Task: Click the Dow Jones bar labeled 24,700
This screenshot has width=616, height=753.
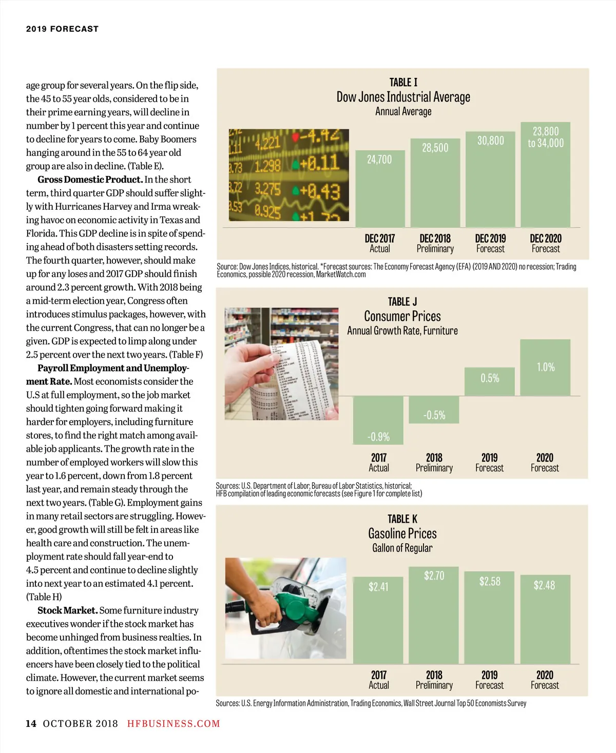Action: pos(380,190)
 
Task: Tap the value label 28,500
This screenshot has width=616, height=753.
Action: pos(435,148)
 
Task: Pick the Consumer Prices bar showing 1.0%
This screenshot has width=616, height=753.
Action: pos(545,367)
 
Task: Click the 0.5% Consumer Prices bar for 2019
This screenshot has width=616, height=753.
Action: pos(490,382)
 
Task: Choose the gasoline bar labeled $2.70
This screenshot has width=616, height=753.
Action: pos(434,616)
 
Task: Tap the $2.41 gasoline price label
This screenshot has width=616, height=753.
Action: pos(378,587)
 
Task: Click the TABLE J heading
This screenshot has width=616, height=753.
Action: pos(402,302)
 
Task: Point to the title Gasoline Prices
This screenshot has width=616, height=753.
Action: pos(402,533)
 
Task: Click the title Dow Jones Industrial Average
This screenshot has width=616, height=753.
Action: pos(403,97)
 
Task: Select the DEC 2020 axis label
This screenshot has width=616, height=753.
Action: pos(546,239)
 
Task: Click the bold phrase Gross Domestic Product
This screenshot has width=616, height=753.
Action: pos(90,180)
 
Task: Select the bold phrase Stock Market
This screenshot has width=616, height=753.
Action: pos(67,610)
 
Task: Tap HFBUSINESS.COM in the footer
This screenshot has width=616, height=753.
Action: pos(174,724)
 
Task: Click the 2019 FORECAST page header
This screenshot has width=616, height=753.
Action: pos(62,29)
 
